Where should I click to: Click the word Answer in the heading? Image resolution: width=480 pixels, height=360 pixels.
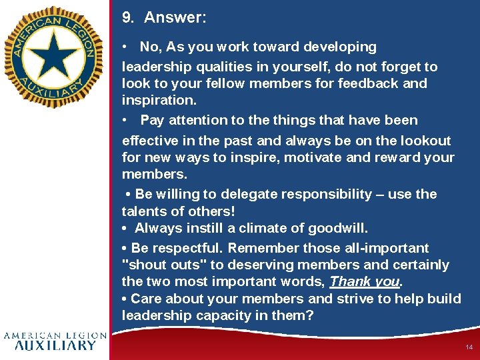tap(175, 18)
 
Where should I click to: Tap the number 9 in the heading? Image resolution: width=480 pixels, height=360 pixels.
tap(127, 18)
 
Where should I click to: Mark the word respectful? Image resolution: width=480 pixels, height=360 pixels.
tap(189, 248)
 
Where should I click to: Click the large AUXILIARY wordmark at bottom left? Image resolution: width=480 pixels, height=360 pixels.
tap(55, 345)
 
